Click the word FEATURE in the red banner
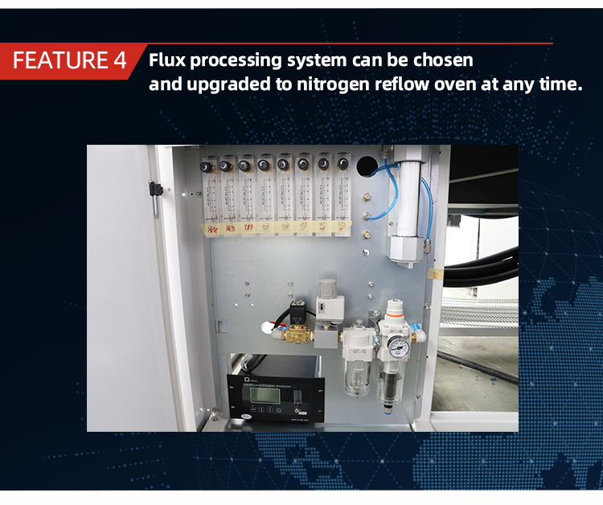point(60,60)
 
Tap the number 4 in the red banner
point(118,60)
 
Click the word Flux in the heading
point(167,60)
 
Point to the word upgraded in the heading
point(224,84)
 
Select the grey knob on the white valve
point(327,289)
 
